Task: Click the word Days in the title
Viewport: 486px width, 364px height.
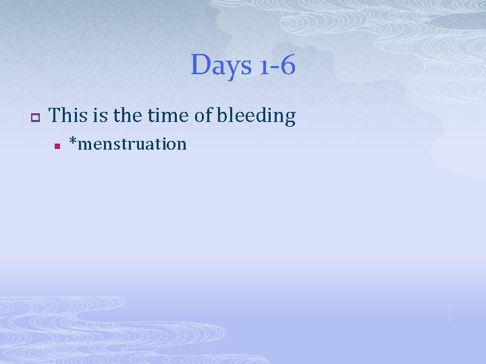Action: [x=219, y=66]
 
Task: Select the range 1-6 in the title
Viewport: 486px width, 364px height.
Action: [x=276, y=66]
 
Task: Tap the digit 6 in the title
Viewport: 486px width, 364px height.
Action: [x=288, y=66]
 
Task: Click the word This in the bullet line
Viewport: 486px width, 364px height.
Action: [x=66, y=116]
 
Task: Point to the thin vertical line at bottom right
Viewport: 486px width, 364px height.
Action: [x=450, y=312]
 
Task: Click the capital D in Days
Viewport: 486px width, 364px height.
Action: [x=200, y=65]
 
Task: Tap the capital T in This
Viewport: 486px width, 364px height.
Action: [x=55, y=115]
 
